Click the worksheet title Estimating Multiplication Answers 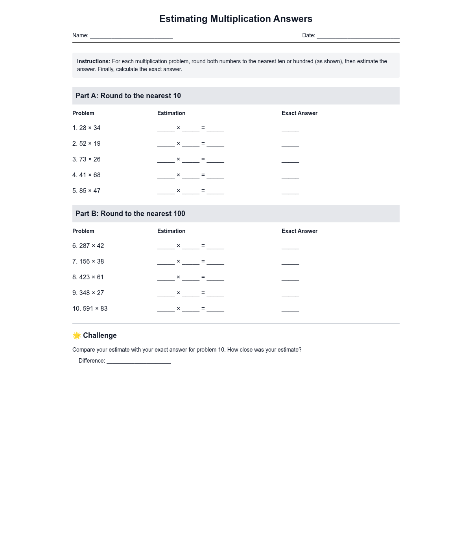[236, 19]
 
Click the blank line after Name [131, 36]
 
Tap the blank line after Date [358, 36]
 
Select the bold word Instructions [94, 61]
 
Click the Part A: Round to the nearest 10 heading [128, 96]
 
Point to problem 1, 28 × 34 [87, 128]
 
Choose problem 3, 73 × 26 [87, 159]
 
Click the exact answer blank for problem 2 [290, 145]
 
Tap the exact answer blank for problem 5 [290, 192]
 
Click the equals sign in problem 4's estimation [203, 175]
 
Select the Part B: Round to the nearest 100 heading [130, 214]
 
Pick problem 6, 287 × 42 [88, 246]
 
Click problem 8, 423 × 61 [88, 277]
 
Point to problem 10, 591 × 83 [90, 309]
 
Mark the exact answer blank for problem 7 [290, 262]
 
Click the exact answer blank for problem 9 [290, 294]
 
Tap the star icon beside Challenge [77, 335]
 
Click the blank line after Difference [138, 361]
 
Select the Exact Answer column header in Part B [299, 231]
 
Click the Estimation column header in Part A [171, 113]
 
